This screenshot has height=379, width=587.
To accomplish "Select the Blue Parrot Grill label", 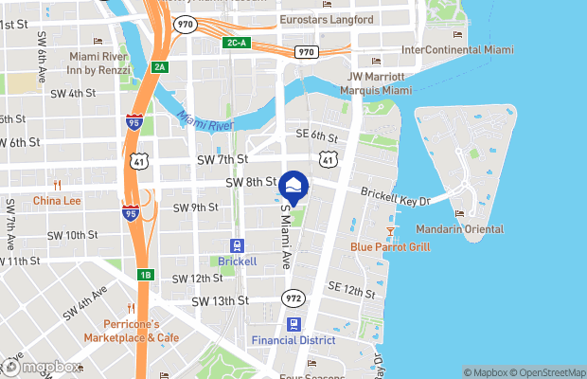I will [x=390, y=247].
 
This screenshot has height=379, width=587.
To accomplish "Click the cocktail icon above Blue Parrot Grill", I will [x=390, y=230].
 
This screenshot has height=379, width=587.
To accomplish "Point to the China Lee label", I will [x=56, y=201].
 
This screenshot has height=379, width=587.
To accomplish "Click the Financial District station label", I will [x=293, y=339].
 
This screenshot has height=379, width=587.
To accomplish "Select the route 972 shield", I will [x=293, y=298].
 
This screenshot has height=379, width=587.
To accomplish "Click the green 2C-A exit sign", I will [x=238, y=44].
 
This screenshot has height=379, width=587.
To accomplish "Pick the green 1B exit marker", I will [x=145, y=275].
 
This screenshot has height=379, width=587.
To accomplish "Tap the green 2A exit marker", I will [x=160, y=66].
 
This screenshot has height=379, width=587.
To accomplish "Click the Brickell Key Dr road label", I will [x=396, y=197].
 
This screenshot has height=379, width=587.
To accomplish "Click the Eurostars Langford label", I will [x=325, y=19].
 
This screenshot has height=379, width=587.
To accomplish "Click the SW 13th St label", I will [x=220, y=300].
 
